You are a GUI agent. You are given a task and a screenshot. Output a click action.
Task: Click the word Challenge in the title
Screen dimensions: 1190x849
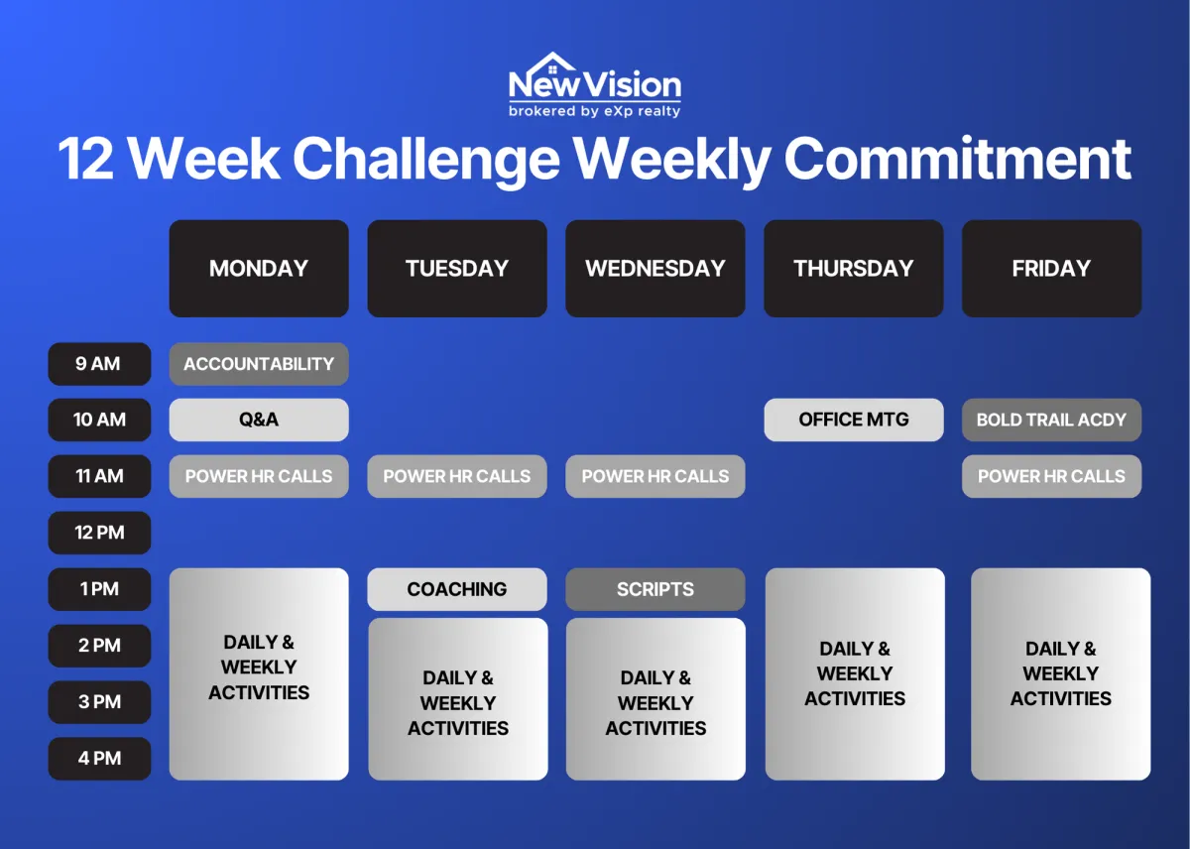(426, 160)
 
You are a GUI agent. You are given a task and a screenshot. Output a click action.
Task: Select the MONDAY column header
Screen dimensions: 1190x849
(259, 269)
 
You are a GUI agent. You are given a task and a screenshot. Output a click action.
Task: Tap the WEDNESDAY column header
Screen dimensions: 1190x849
(655, 269)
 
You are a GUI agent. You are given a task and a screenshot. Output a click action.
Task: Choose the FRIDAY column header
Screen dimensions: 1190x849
(1051, 269)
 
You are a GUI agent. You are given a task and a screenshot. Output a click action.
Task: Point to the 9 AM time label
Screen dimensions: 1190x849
(99, 364)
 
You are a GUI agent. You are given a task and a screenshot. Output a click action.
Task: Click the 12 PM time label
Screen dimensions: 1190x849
(99, 533)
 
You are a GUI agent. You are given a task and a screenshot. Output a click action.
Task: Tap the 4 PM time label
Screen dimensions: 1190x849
(99, 758)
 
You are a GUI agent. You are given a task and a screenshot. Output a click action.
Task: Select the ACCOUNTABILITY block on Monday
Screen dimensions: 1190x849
(259, 364)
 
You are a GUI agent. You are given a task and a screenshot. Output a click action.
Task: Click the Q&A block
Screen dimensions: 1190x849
(259, 420)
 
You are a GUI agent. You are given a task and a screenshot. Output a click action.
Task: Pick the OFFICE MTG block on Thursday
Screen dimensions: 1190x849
(854, 420)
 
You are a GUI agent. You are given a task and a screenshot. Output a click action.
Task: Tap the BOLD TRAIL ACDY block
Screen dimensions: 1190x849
(1051, 420)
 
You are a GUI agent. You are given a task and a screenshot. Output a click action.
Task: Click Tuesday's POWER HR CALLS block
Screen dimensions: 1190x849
(457, 476)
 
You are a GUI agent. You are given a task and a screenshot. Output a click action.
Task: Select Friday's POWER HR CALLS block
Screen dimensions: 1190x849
(1051, 476)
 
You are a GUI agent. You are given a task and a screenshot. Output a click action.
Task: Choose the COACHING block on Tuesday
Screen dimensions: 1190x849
(457, 589)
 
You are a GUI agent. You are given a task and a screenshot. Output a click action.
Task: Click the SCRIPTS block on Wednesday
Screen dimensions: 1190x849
(655, 589)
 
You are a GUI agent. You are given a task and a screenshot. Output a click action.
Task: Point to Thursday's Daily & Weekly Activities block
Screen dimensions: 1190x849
(855, 673)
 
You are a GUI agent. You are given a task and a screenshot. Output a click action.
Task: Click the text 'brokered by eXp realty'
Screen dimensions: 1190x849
(594, 111)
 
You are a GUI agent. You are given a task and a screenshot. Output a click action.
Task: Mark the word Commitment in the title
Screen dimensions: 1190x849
(958, 159)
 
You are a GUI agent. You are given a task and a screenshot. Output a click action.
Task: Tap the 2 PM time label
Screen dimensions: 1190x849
(99, 646)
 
